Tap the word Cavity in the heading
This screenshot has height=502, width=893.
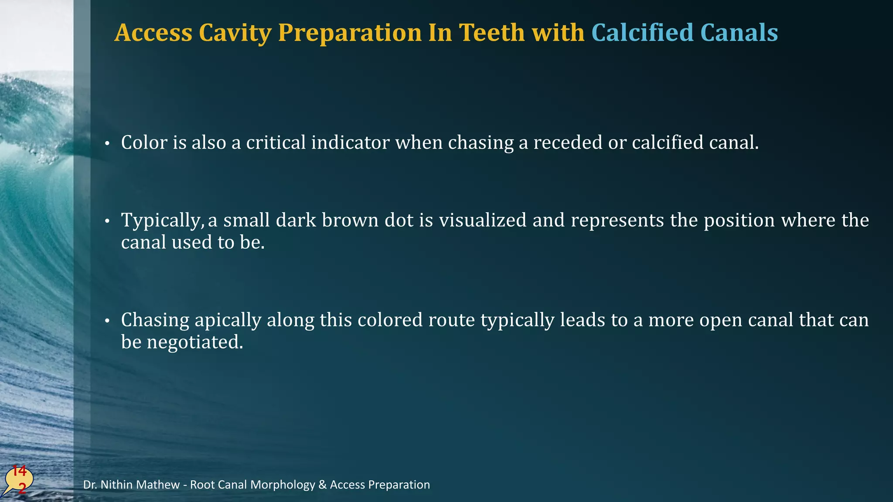(x=235, y=33)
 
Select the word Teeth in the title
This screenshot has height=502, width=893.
(x=492, y=33)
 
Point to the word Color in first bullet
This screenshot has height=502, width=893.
(x=144, y=142)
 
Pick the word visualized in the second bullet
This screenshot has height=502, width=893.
(x=482, y=220)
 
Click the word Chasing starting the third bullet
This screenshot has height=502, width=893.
(x=155, y=320)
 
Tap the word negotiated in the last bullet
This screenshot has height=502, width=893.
(x=195, y=342)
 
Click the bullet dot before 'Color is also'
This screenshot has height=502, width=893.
(x=107, y=144)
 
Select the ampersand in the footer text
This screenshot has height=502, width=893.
(x=322, y=485)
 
